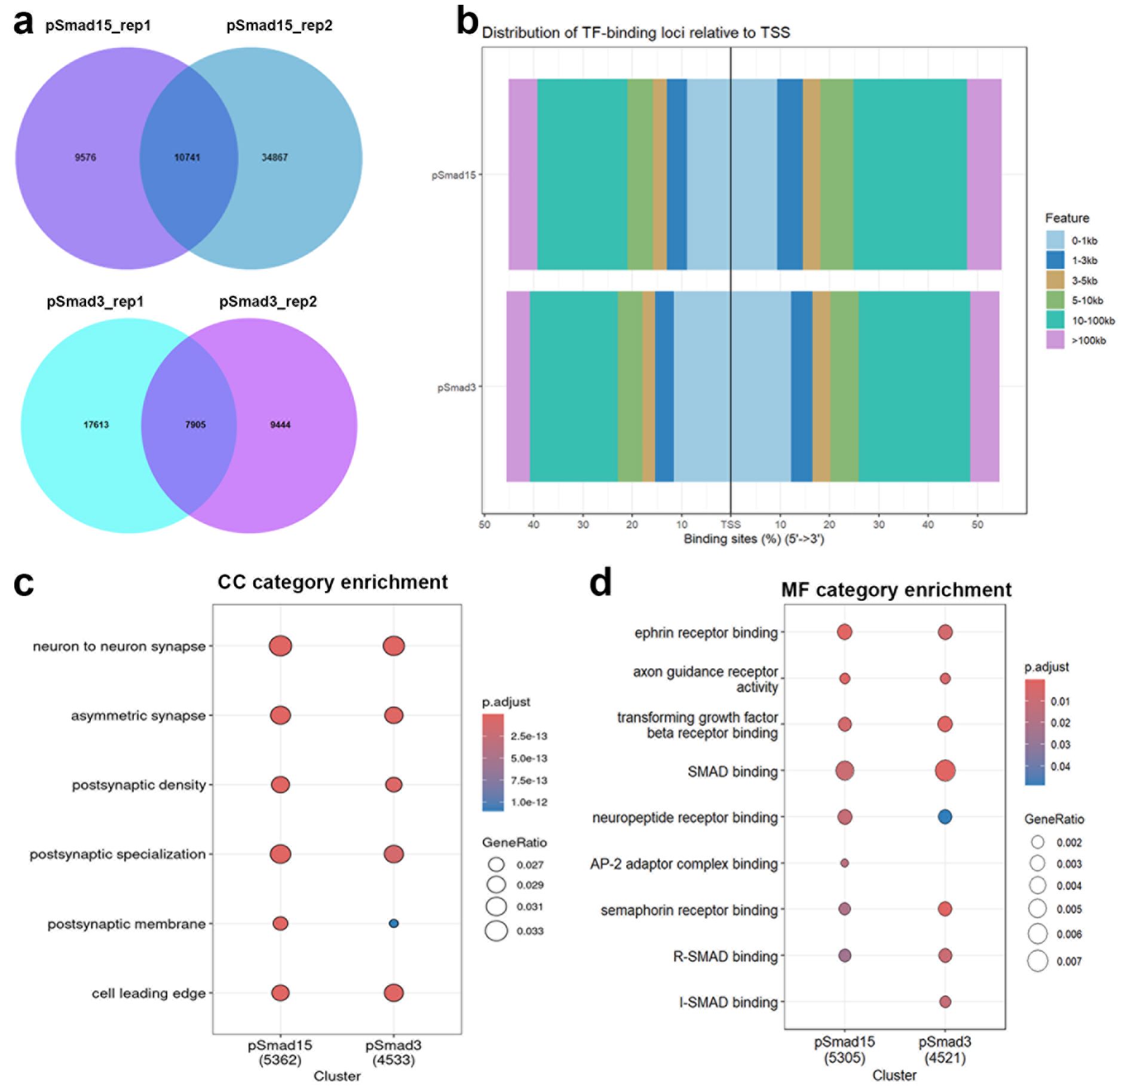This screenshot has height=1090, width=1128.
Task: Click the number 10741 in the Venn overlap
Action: click(187, 157)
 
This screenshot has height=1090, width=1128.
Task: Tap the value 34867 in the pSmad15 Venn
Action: click(275, 157)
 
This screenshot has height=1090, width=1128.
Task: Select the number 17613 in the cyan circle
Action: click(96, 424)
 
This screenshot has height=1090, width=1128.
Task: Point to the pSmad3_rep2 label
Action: click(268, 301)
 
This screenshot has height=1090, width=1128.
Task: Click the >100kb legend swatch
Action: click(1055, 340)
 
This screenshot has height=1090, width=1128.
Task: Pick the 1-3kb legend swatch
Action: click(1055, 260)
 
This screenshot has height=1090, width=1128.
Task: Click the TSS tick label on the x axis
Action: click(730, 524)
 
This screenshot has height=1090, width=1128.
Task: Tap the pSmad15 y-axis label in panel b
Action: click(453, 175)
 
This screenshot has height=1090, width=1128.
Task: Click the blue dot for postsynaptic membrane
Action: click(393, 923)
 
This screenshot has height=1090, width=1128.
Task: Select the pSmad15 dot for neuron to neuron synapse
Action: click(280, 646)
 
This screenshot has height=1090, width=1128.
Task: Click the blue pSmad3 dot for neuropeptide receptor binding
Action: click(945, 816)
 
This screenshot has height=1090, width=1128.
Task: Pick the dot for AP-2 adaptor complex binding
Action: click(844, 863)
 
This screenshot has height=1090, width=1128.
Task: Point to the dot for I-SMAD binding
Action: click(945, 1002)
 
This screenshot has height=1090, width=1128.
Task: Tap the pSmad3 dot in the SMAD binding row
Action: click(945, 770)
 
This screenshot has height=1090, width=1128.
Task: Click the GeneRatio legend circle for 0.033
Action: click(496, 930)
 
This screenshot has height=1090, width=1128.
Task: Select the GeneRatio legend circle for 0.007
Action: click(1038, 961)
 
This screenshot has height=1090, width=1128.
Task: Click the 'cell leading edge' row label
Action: click(148, 993)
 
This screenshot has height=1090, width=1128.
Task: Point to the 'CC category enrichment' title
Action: click(332, 582)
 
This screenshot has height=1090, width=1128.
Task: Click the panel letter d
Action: click(600, 582)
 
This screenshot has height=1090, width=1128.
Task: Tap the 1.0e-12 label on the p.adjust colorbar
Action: click(529, 802)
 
